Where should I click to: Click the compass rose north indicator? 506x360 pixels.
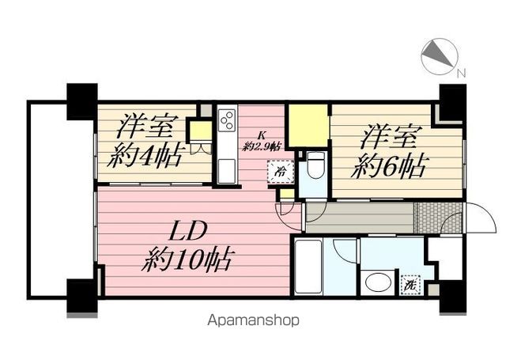[x=440, y=56]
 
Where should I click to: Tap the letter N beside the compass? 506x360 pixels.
[x=462, y=74]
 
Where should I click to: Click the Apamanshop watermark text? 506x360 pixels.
[x=253, y=320]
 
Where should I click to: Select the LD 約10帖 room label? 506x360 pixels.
[x=187, y=247]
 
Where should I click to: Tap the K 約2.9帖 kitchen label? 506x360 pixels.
[x=262, y=142]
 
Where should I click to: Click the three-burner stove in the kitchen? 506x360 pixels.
[x=227, y=120]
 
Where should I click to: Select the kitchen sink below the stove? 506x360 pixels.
[x=227, y=171]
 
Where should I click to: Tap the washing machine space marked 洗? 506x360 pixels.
[x=410, y=286]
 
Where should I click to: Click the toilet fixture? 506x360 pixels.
[x=315, y=165]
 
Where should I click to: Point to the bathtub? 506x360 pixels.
[x=308, y=267]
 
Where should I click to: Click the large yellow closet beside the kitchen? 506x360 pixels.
[x=308, y=126]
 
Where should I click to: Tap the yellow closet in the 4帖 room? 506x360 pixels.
[x=200, y=131]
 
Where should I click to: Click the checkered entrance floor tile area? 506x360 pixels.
[x=438, y=218]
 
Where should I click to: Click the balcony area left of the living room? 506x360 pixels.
[x=62, y=200]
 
